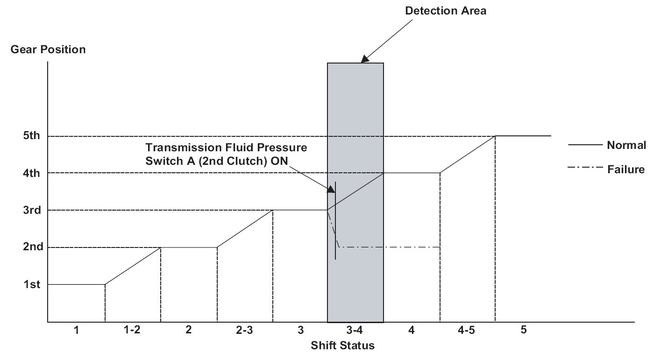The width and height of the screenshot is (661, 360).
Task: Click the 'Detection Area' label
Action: coord(446,10)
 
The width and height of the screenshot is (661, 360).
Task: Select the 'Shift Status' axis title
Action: coord(343,346)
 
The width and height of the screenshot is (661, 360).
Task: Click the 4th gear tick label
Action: coord(31,173)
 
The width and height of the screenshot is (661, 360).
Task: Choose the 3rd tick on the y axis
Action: coord(31,210)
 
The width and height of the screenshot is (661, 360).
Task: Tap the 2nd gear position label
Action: coord(31,247)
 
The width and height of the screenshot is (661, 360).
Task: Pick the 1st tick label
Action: coord(31,284)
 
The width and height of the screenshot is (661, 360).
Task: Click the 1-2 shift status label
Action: coord(132,330)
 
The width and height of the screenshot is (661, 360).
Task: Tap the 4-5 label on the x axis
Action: coord(467,330)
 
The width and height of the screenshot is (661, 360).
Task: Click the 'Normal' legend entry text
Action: coord(626,145)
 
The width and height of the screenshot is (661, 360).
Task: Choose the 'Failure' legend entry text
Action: coord(626,169)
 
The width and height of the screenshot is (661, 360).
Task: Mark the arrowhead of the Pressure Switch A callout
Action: coord(331,190)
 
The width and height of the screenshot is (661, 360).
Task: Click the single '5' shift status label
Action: coord(523,330)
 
